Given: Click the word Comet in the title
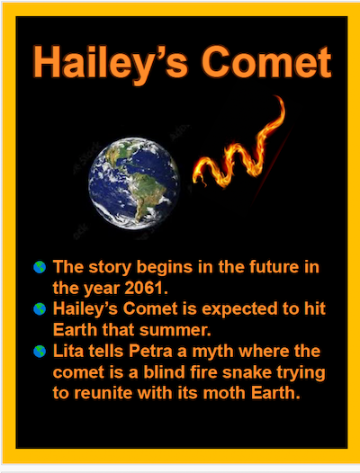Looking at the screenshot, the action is coord(266,62).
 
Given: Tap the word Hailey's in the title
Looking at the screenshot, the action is coord(110,64).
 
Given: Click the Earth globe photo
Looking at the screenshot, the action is coord(134,183).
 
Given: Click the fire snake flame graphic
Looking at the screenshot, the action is coord(238,145).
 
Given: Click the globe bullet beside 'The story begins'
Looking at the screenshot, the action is coord(40,267).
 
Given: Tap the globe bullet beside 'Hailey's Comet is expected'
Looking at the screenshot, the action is coord(40,309).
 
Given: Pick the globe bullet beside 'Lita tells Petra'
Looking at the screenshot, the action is coord(40,351).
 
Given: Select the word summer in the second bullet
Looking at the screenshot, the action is coord(175,330).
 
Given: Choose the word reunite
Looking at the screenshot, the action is coord(103,393).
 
